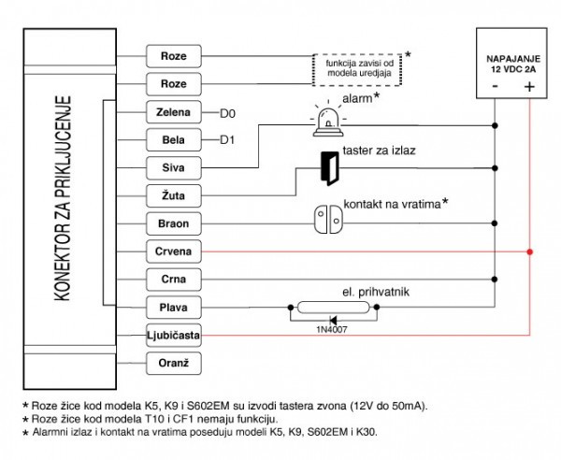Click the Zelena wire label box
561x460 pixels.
click(174, 112)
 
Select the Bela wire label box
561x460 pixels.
click(174, 140)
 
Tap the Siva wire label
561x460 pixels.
click(174, 167)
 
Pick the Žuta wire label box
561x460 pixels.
click(174, 195)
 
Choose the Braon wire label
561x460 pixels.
click(174, 223)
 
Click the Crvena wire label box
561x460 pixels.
click(174, 252)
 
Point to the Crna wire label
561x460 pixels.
click(174, 280)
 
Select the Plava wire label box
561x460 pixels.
click(174, 308)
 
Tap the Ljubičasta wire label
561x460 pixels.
click(174, 335)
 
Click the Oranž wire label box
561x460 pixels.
click(174, 363)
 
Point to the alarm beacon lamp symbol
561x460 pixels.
click(328, 121)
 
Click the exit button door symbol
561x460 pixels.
click(329, 168)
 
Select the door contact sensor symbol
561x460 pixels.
click(328, 220)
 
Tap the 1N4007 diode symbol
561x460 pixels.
click(333, 320)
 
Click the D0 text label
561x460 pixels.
click(227, 114)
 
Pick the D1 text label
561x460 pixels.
click(227, 140)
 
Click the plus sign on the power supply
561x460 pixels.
click(529, 87)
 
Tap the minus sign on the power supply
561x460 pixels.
click(496, 87)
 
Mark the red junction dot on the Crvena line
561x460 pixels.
click(530, 252)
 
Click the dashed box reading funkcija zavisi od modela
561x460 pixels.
click(357, 70)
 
